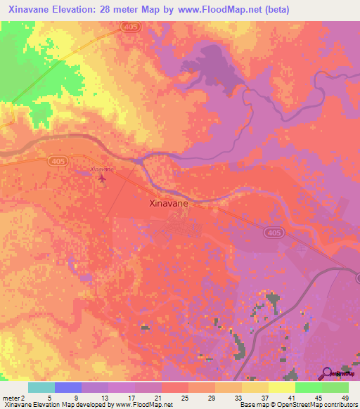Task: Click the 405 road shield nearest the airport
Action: (x=58, y=161)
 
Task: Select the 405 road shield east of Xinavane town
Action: (x=274, y=232)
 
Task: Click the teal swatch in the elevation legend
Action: (x=41, y=387)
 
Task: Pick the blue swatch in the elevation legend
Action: (x=67, y=387)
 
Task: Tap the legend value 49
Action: (x=345, y=397)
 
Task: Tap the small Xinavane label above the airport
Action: (x=102, y=169)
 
